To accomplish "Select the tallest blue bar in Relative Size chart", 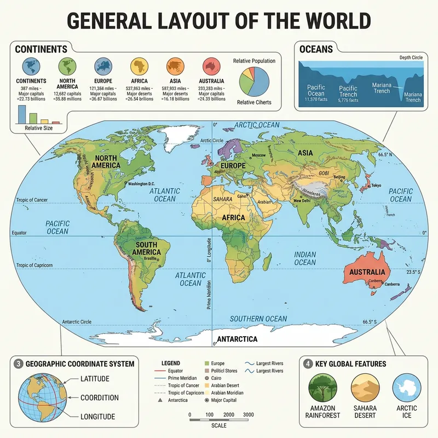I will [x=22, y=114].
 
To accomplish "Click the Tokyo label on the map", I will [x=376, y=186].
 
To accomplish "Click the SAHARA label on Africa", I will [x=222, y=199].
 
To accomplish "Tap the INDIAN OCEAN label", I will [x=305, y=258].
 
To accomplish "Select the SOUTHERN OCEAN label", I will [x=258, y=319].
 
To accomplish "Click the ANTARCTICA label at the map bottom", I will [x=237, y=339].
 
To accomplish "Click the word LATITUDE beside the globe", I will [x=99, y=379].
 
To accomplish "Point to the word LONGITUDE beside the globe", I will [x=97, y=417].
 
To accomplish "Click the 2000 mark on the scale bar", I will [x=228, y=414].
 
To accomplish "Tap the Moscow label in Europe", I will [x=258, y=156].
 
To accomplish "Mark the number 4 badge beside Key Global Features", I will [x=309, y=364].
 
